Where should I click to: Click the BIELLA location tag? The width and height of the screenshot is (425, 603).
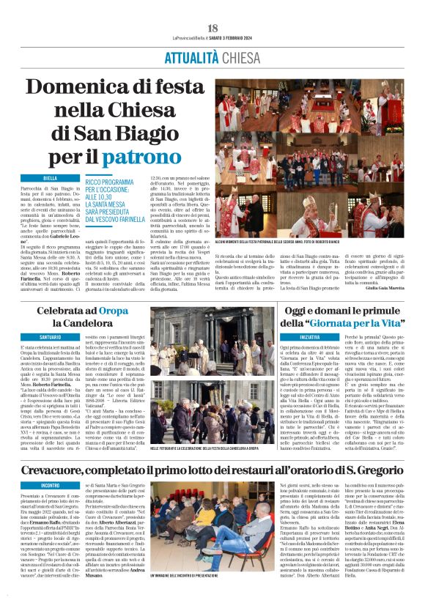(50, 178)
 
